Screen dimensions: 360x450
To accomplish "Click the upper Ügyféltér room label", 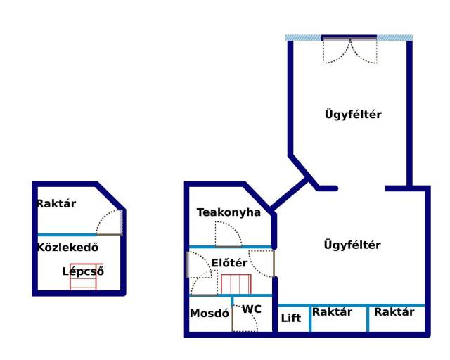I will coord(353,114).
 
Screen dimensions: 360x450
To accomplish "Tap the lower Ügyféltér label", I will coord(352,245).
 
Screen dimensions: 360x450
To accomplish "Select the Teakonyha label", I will coord(229,212).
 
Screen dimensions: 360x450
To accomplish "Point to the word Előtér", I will coord(229,263).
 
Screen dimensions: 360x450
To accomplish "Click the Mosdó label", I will coord(210,314).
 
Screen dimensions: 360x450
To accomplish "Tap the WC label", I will coord(252,309).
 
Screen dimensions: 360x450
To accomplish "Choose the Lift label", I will coord(291,318).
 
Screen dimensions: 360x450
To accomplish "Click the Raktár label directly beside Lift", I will coord(332,312).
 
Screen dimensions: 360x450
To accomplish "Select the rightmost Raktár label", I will coord(394,312).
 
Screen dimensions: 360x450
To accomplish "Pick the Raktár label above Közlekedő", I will coord(56,204).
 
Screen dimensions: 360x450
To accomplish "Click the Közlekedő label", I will coord(67,247).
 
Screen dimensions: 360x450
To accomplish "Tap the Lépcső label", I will coord(83,271).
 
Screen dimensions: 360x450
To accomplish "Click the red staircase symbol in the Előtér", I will coord(236,285).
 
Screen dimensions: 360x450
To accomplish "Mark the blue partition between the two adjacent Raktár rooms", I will coord(368,318).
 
